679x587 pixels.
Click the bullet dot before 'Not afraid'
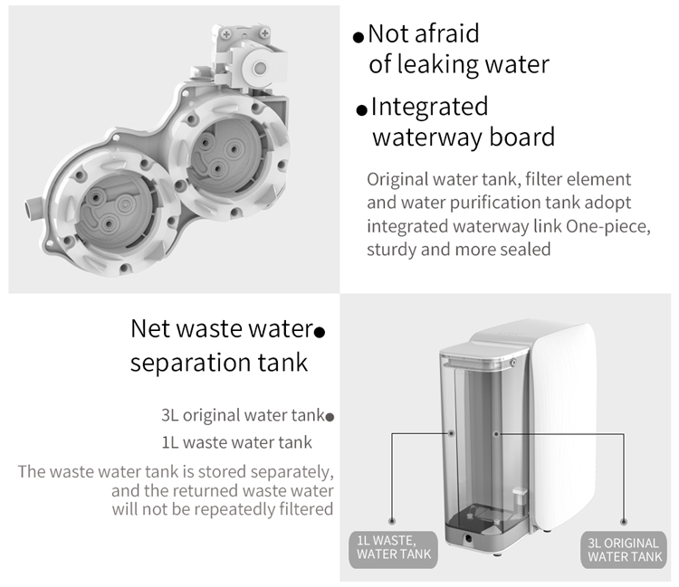(x=359, y=38)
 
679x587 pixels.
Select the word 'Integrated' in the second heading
(x=429, y=107)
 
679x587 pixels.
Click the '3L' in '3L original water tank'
(x=170, y=415)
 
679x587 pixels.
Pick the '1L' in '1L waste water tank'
(x=170, y=442)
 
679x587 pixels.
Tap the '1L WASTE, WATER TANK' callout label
(x=394, y=548)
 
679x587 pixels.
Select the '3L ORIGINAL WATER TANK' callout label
(x=624, y=550)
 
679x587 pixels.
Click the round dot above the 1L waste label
(x=392, y=521)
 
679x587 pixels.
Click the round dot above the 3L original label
(x=624, y=521)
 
